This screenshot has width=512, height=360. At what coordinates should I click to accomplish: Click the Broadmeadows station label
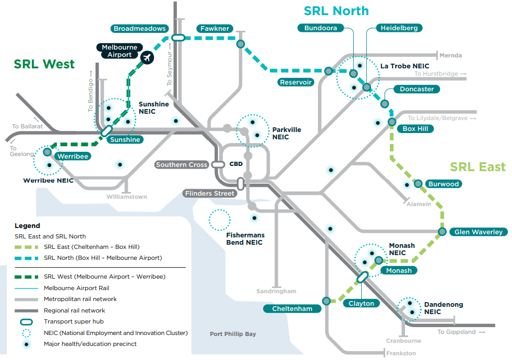coord(139,29)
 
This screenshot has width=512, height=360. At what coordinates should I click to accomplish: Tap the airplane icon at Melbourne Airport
coord(147,56)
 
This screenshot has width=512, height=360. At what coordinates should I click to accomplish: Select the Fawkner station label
coord(215,29)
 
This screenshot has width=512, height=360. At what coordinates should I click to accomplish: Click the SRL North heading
coord(336,11)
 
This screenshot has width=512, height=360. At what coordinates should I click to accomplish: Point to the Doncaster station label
coord(416,89)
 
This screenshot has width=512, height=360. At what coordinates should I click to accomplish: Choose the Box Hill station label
coord(415,128)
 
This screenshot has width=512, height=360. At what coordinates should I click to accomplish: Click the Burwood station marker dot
coord(418,183)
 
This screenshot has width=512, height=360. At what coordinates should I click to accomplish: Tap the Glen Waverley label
coord(478,232)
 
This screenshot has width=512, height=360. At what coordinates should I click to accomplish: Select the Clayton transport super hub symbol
coord(362,277)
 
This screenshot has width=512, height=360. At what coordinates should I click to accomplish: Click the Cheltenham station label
coord(292,309)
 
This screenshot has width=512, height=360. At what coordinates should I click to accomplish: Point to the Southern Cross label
coord(182,165)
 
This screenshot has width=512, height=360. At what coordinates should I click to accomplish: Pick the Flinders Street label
coord(209,194)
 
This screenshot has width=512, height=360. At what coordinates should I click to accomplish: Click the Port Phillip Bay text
coord(233,334)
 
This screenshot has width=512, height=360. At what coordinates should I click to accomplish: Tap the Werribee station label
coord(73,156)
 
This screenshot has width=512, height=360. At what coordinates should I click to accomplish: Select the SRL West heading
coord(44,64)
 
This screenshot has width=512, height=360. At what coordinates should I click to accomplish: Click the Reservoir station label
coord(295,82)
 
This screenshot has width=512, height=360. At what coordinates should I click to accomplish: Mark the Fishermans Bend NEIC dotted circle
coord(219,220)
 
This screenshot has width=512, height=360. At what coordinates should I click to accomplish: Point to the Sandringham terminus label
coord(276,291)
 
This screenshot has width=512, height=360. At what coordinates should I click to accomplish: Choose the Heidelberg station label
coord(399,28)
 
